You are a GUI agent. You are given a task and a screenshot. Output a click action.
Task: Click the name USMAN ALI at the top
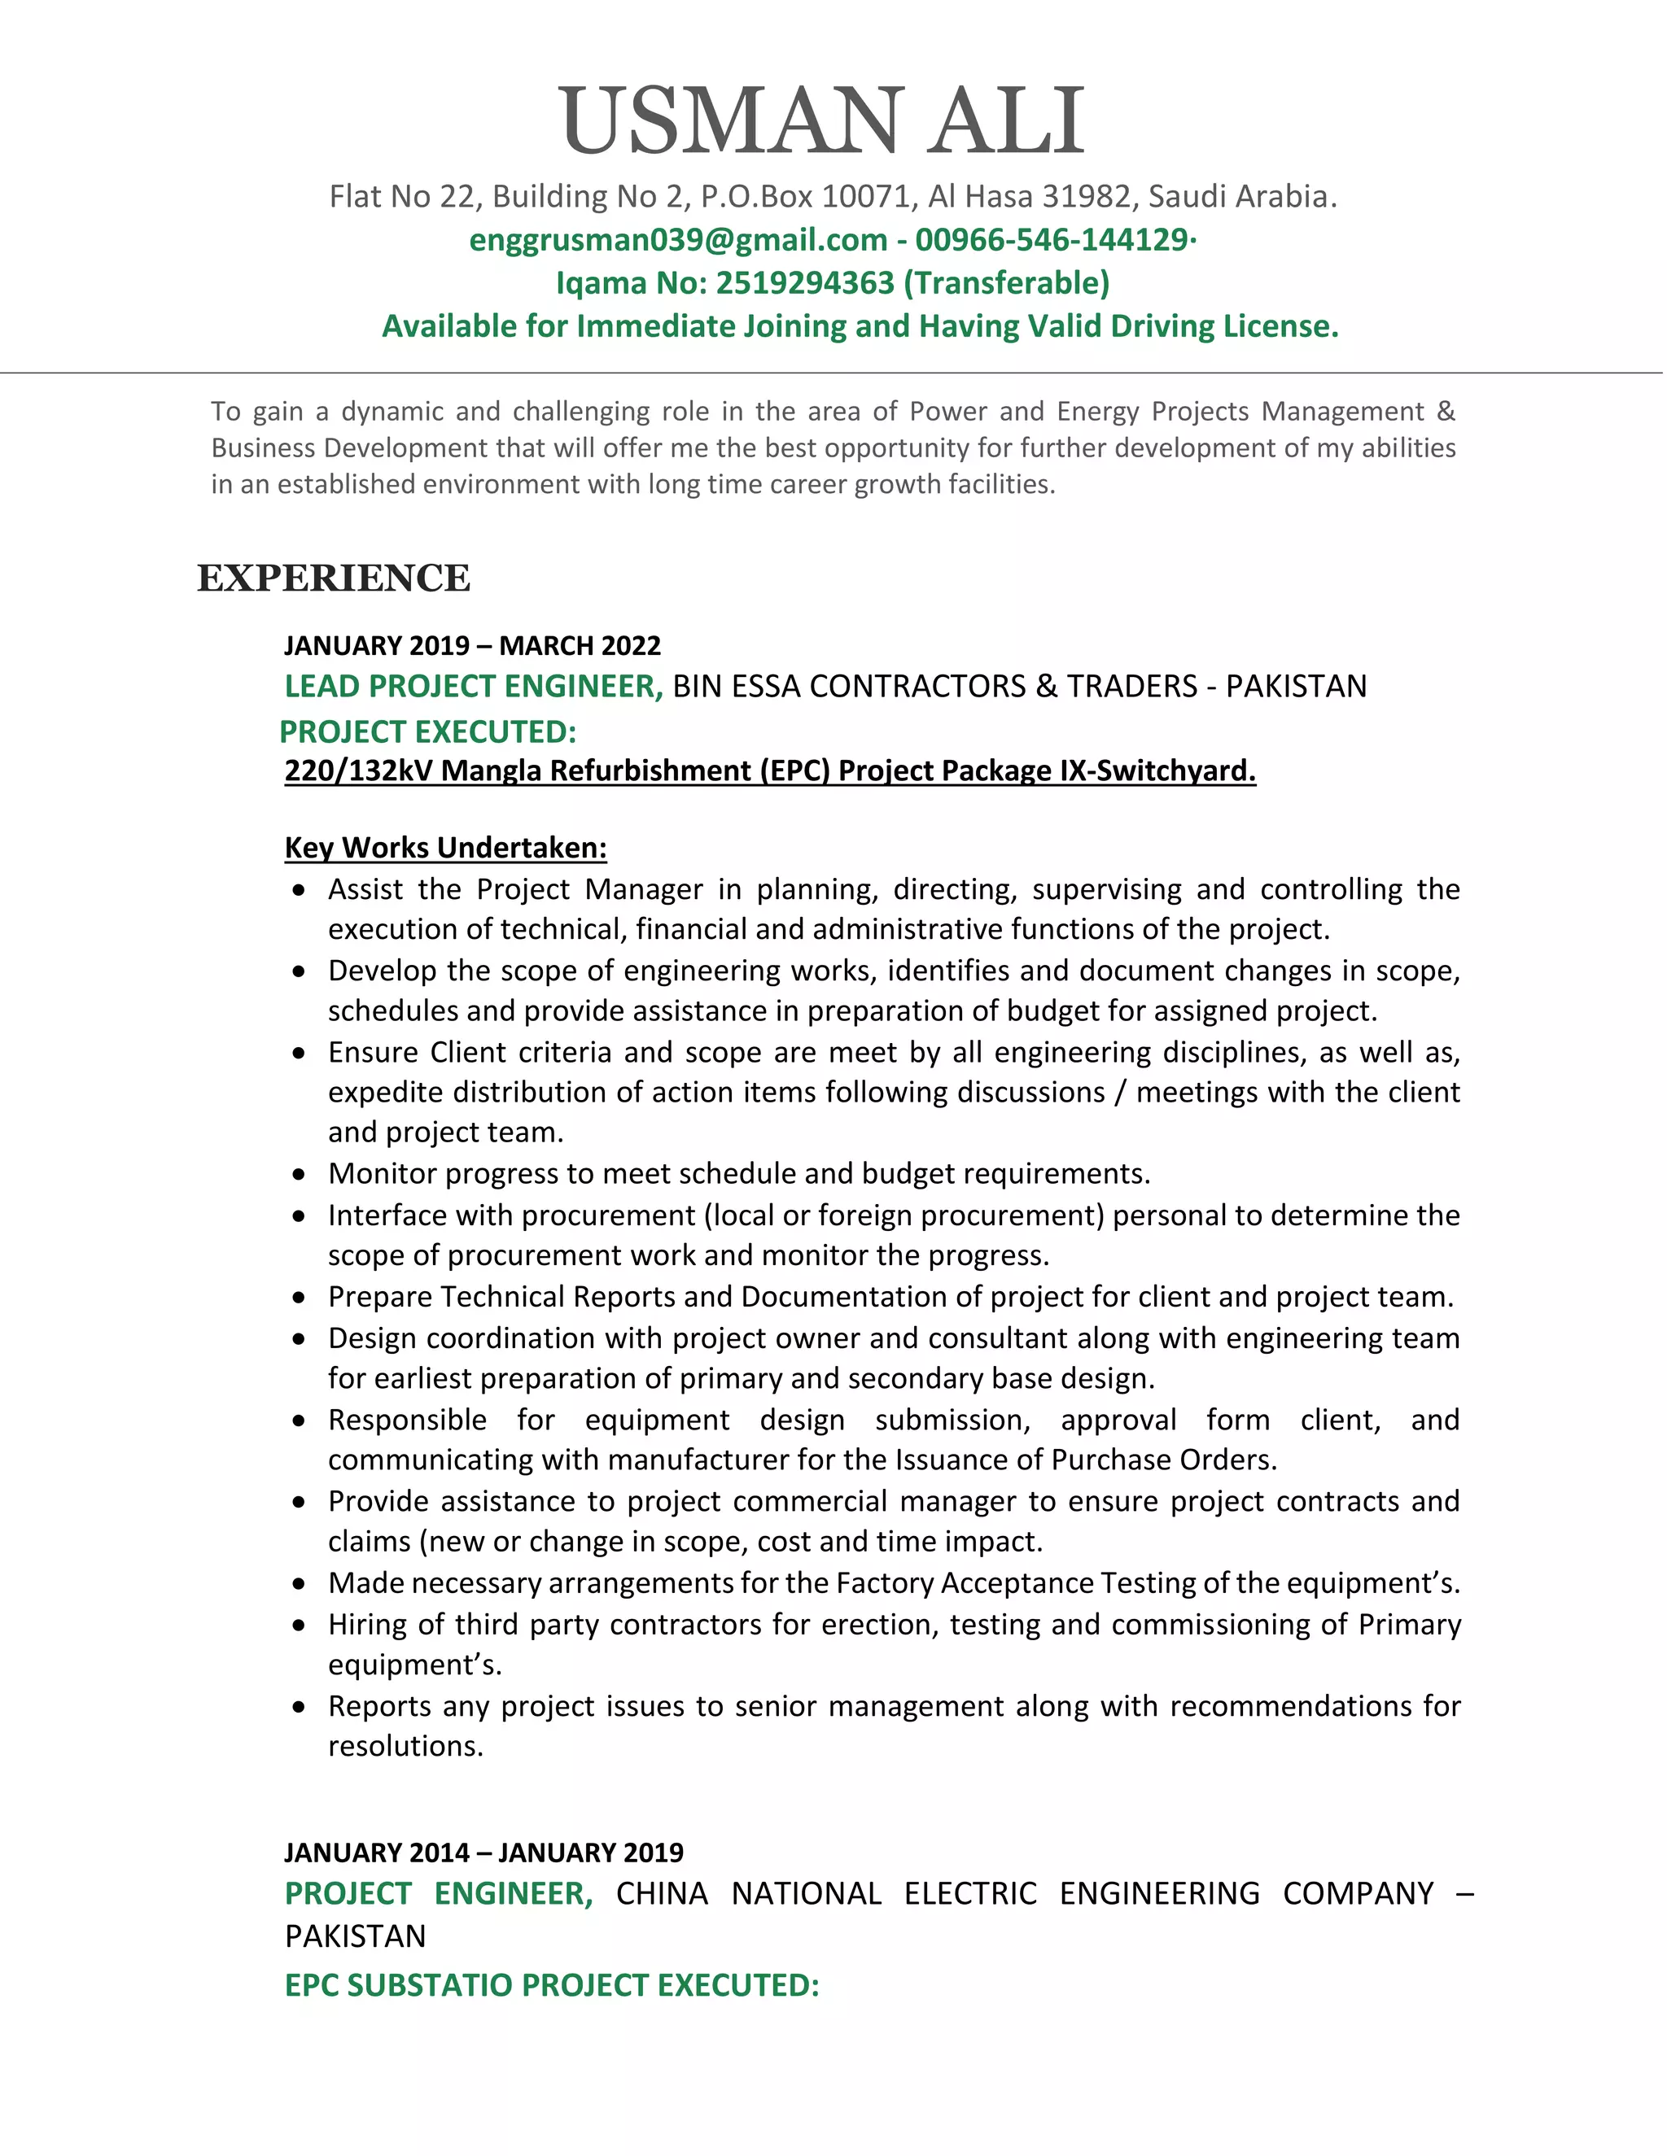pyautogui.click(x=823, y=121)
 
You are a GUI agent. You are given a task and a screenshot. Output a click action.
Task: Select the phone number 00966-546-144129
pyautogui.click(x=1052, y=240)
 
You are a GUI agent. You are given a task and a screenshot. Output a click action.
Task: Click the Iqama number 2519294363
pyautogui.click(x=804, y=283)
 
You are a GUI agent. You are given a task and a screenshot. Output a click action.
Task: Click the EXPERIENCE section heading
pyautogui.click(x=334, y=578)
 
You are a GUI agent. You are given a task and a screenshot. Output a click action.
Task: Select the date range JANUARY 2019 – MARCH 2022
pyautogui.click(x=472, y=646)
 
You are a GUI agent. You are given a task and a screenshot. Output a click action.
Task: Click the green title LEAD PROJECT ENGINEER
pyautogui.click(x=472, y=686)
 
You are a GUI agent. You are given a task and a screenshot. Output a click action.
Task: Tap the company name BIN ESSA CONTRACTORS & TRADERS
pyautogui.click(x=934, y=686)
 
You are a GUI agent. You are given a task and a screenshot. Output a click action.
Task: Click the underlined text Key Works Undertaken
pyautogui.click(x=445, y=848)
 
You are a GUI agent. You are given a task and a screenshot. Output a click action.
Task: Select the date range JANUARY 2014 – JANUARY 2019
pyautogui.click(x=484, y=1853)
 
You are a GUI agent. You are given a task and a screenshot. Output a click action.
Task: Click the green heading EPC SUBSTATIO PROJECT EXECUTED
pyautogui.click(x=551, y=1985)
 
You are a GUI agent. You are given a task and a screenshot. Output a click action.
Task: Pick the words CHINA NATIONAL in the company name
pyautogui.click(x=747, y=1894)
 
